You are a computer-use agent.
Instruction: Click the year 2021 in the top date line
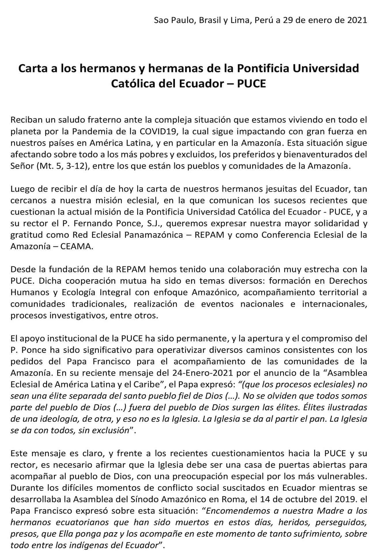(357, 20)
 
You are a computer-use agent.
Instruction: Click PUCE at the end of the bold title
(251, 84)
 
